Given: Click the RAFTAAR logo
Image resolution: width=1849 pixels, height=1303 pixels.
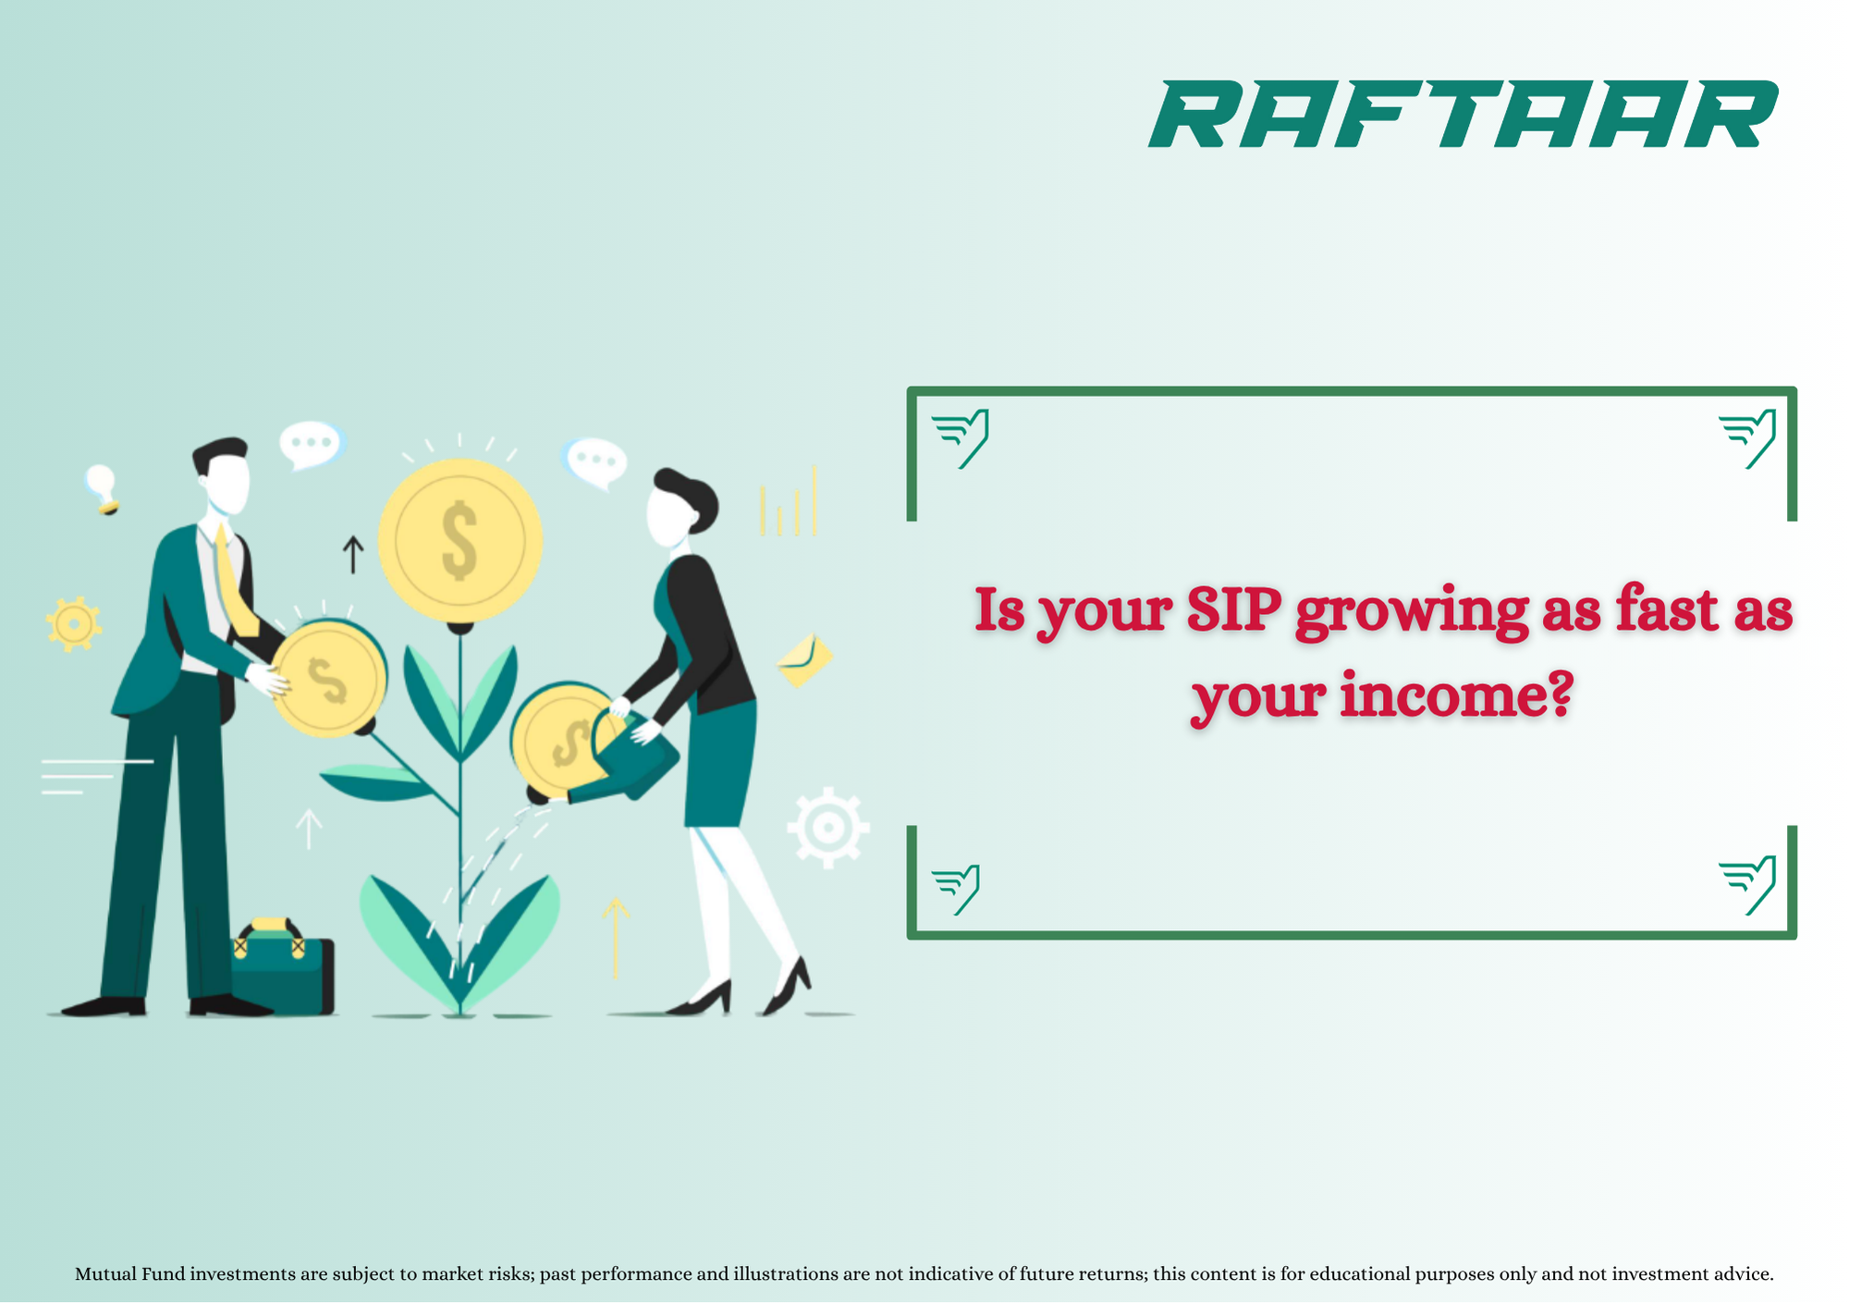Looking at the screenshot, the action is coord(1463,114).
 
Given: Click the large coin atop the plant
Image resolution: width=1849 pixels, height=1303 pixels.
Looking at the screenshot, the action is coord(459,540).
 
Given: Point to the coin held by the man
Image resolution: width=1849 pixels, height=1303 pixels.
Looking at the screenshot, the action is coord(329,680).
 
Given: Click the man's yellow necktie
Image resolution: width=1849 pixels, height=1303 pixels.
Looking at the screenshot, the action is coord(235,583).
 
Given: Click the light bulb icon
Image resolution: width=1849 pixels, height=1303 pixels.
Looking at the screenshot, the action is coord(102,488).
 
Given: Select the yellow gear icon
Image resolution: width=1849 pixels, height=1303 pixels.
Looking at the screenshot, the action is coord(73,624).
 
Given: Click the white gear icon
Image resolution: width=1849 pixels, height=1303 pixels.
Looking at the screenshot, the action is coord(827,828).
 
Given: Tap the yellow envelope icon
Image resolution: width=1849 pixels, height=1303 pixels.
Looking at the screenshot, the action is coord(804,660).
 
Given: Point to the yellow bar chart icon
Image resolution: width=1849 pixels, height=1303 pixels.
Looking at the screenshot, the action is coord(788,501).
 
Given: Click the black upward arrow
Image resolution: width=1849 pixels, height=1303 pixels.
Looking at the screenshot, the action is coord(352,554).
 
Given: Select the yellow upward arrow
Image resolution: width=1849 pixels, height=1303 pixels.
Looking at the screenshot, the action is coord(616,938).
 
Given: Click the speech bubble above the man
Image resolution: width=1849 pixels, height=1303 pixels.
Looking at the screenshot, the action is coord(312,445).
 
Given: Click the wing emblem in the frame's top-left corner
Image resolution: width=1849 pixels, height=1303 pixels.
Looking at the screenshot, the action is coord(961,438).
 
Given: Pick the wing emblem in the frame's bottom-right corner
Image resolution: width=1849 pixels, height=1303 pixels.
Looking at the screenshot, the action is coord(1747,886).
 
